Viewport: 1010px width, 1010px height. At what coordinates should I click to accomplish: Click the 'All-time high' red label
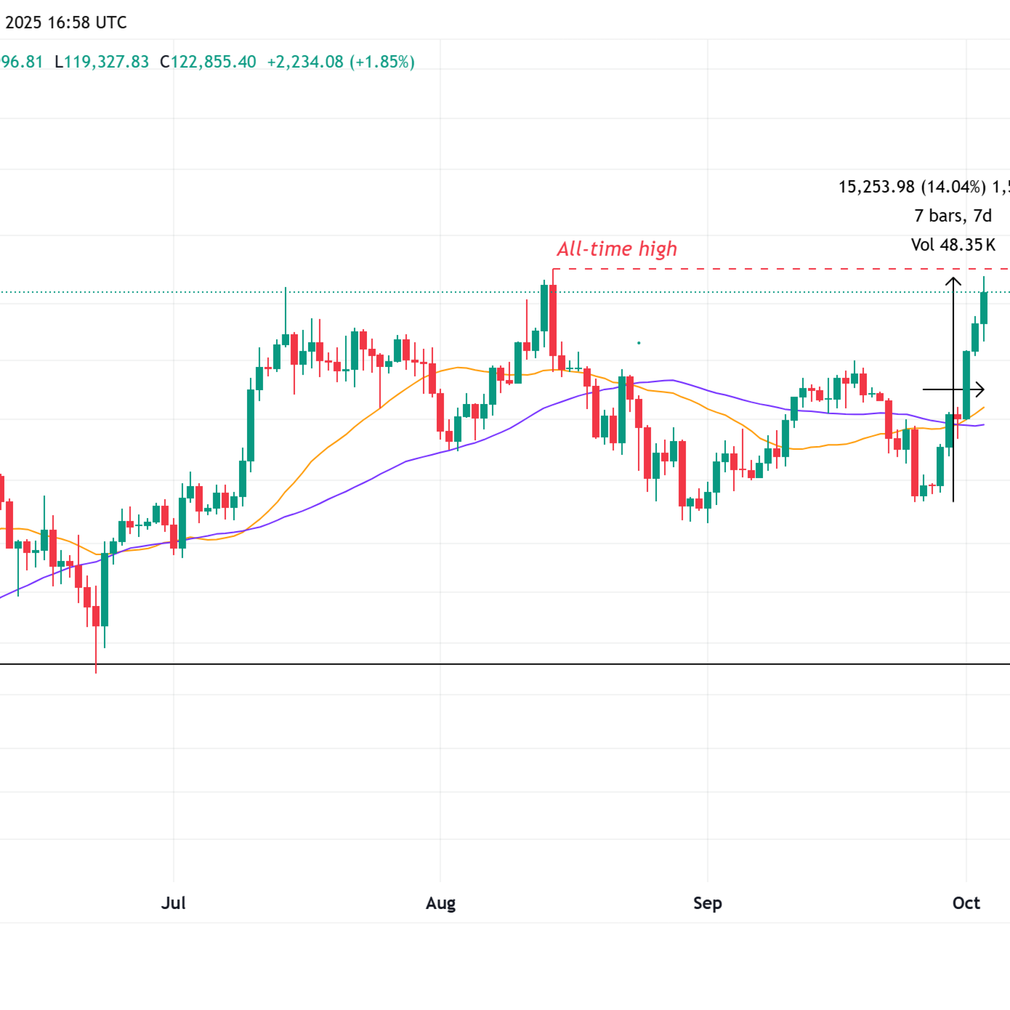617,249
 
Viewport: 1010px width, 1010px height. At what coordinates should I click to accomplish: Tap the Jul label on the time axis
173,903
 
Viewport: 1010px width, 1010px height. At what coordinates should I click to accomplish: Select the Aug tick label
440,903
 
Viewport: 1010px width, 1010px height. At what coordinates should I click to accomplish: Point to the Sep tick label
707,903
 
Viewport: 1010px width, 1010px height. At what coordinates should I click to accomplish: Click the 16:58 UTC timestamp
87,22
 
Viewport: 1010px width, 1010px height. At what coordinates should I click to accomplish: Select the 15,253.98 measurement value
876,187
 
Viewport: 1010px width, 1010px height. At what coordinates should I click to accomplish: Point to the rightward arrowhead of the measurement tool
981,389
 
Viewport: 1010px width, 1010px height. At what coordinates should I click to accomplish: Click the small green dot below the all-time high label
639,343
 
